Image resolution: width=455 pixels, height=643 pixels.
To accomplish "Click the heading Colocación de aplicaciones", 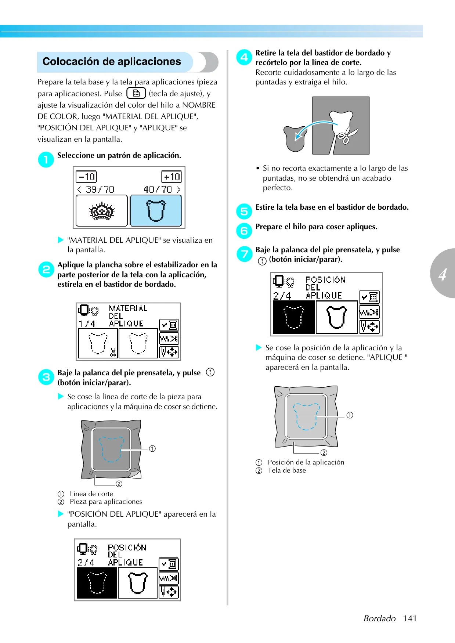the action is pos(112,62).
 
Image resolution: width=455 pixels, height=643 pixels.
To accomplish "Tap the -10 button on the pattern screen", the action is pos(86,177).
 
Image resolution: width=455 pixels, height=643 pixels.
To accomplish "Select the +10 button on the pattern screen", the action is pos(171,177).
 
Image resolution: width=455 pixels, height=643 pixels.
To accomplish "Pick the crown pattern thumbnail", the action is pos(102,211).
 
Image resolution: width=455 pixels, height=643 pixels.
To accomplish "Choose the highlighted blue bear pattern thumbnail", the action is pos(156,211).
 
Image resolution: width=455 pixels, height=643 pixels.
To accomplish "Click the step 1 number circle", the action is pos(46,159).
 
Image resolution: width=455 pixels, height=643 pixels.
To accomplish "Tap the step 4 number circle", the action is pos(244,57).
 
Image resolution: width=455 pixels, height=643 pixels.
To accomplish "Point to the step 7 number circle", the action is pos(244,254).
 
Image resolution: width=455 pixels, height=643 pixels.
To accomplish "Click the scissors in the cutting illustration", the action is pos(346,136).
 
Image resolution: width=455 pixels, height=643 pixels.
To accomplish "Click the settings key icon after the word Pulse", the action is pos(136,93).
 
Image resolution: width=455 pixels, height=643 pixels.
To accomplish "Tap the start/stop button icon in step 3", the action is pos(210,372).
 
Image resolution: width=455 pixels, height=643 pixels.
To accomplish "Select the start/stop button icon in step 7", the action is pos(262,261).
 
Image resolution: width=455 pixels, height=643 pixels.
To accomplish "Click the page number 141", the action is pos(409,618).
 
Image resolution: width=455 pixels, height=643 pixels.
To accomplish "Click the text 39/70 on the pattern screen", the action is pos(100,189).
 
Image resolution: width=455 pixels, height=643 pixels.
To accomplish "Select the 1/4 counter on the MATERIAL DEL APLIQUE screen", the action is pos(87,324).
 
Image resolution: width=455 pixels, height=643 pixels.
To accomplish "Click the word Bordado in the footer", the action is pos(380,618).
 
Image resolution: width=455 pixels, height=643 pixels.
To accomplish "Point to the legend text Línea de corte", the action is pos(91,494).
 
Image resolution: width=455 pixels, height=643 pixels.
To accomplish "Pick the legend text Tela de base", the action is pos(287,470).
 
